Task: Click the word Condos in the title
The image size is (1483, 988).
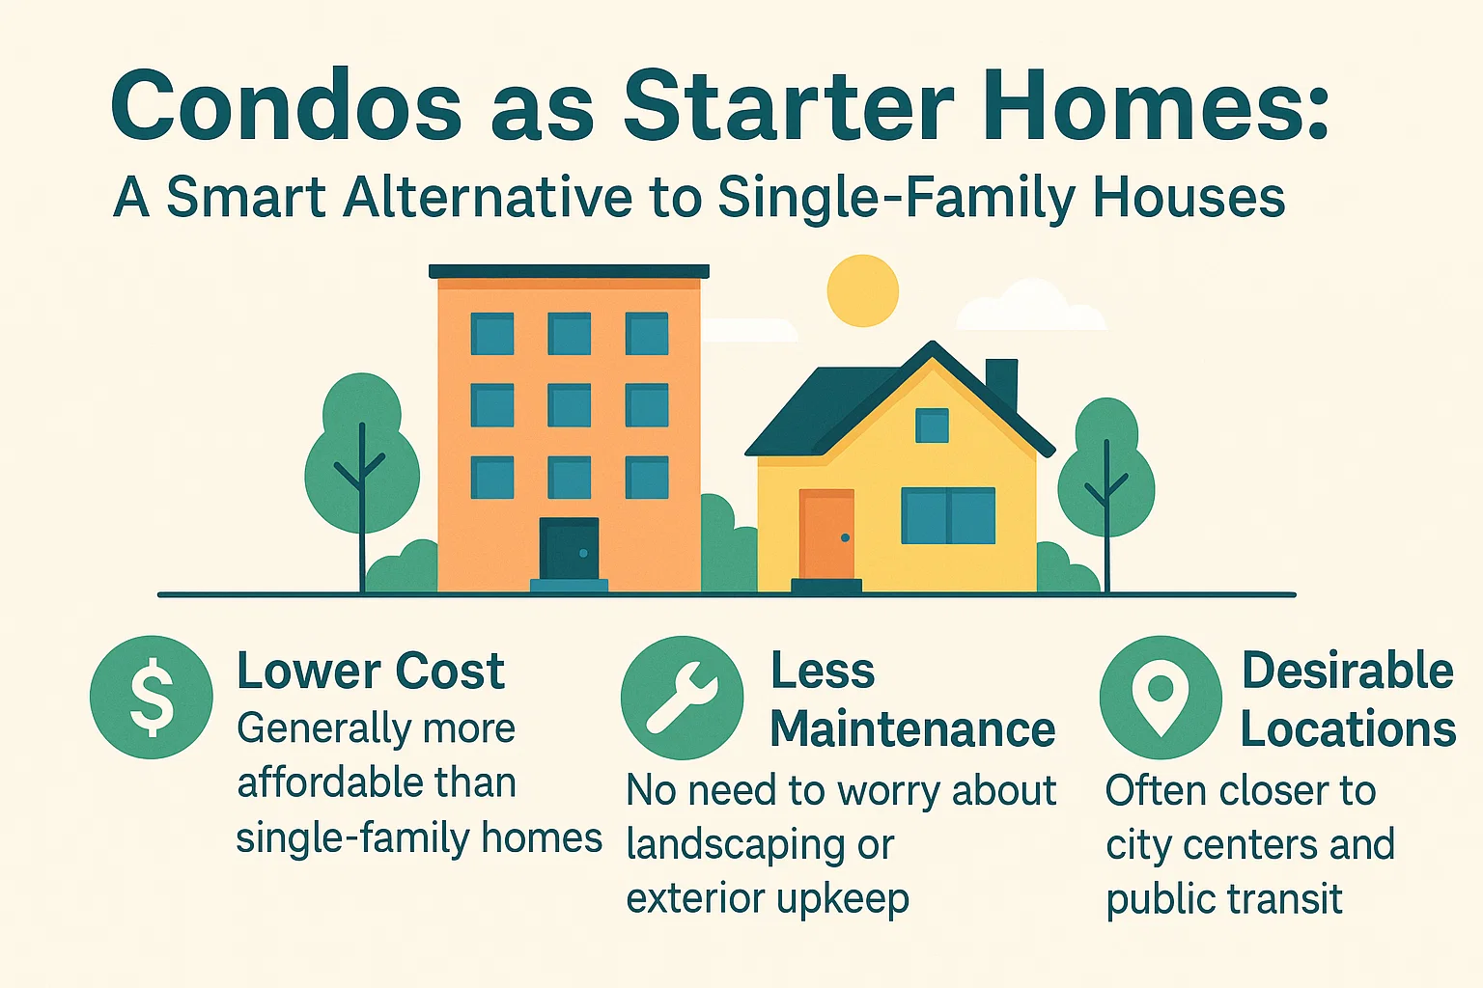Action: click(287, 105)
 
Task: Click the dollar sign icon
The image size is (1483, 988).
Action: click(152, 697)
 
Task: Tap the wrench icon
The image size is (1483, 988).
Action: click(682, 697)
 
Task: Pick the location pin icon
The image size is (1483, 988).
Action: click(1160, 697)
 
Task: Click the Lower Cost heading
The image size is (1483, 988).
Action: click(371, 672)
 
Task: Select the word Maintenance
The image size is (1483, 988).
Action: click(912, 729)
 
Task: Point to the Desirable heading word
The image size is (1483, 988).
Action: click(1347, 671)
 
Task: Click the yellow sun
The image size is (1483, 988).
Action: click(862, 290)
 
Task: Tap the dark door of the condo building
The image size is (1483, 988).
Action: click(569, 549)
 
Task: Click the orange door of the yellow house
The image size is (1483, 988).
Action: click(826, 535)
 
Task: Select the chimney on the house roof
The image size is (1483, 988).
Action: click(1001, 382)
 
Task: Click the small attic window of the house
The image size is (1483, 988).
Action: click(932, 425)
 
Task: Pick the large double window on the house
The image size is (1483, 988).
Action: click(948, 516)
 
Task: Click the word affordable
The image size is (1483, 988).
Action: click(329, 782)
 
